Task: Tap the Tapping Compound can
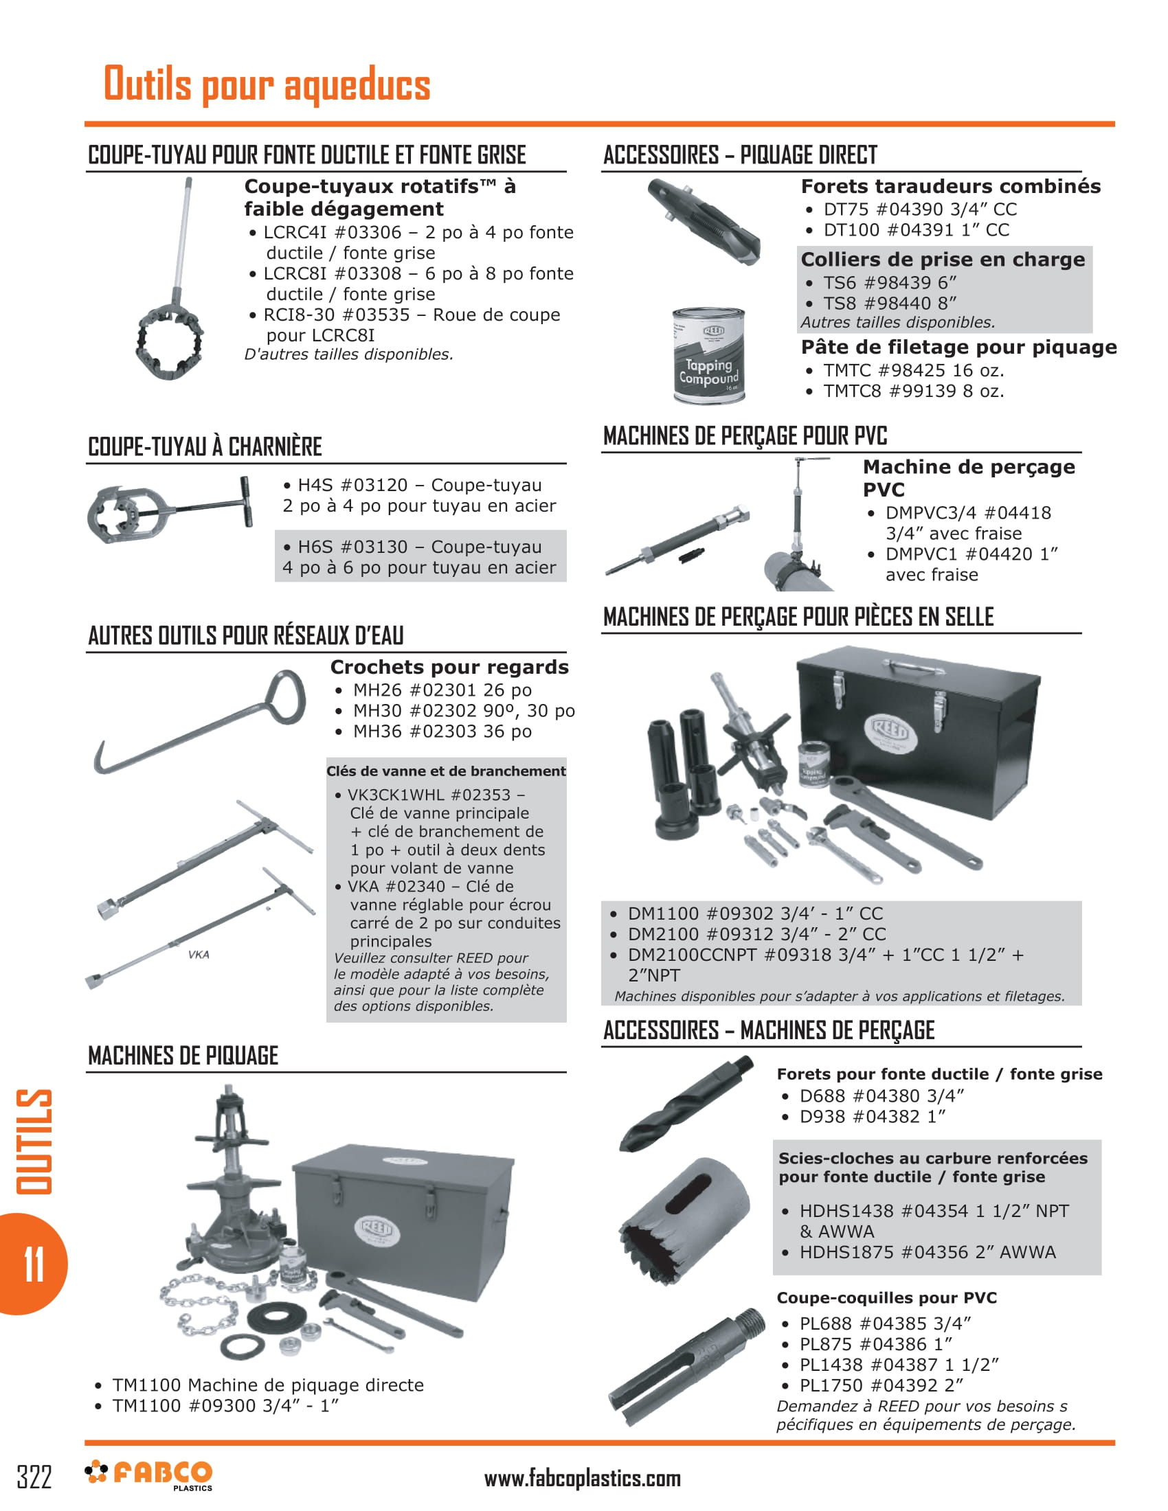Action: click(708, 356)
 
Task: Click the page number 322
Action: click(34, 1477)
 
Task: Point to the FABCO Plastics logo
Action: click(149, 1475)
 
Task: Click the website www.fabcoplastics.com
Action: click(582, 1479)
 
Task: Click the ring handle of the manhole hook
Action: click(284, 697)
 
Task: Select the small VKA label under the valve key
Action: click(199, 955)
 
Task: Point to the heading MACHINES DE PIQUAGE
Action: click(183, 1056)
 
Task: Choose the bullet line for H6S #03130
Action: click(419, 556)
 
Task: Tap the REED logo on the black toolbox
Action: click(891, 731)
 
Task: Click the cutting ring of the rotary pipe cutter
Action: click(170, 341)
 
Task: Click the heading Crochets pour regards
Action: click(449, 667)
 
